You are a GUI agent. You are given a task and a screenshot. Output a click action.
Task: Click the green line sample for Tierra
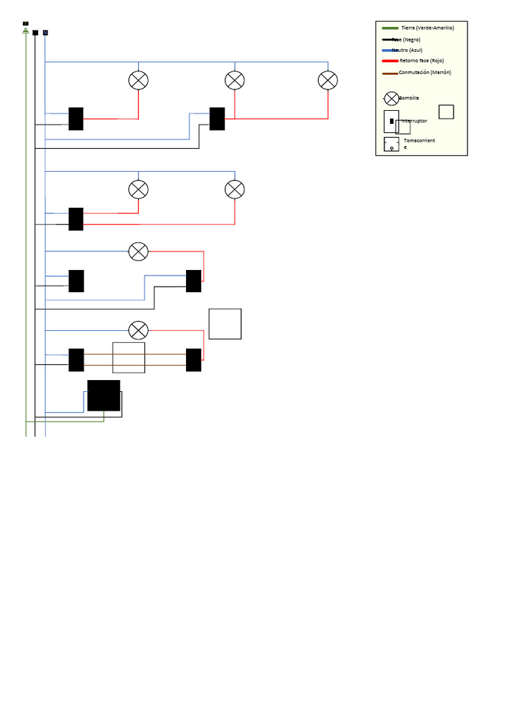[390, 28]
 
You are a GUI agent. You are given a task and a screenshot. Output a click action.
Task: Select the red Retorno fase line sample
[390, 61]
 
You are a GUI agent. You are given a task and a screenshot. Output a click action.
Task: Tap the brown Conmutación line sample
[390, 73]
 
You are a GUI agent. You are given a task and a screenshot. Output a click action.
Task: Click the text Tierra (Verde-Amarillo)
[427, 28]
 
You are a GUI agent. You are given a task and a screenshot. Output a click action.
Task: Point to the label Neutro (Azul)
[407, 50]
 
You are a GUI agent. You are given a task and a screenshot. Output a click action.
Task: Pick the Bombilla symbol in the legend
[391, 98]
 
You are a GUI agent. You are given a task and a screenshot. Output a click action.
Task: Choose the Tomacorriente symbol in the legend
[391, 144]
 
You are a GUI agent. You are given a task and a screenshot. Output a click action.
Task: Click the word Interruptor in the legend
[414, 121]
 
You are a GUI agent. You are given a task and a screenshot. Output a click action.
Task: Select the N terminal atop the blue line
[45, 32]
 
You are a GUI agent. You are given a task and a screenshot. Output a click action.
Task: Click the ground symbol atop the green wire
[26, 30]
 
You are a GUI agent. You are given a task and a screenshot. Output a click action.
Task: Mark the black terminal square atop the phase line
[35, 32]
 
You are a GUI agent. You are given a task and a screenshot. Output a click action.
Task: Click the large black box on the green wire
[104, 395]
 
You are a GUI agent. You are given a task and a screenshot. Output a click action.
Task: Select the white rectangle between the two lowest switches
[129, 357]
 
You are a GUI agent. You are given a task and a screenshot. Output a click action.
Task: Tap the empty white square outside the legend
[225, 324]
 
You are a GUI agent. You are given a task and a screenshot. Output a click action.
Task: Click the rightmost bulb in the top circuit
[328, 80]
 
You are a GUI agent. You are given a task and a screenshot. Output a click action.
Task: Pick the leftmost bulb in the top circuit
[138, 80]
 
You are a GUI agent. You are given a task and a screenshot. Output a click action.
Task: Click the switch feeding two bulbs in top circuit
[217, 119]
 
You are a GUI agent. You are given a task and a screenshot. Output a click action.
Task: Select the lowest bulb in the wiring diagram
[138, 330]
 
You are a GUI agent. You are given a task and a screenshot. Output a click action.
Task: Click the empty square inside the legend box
[446, 111]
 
